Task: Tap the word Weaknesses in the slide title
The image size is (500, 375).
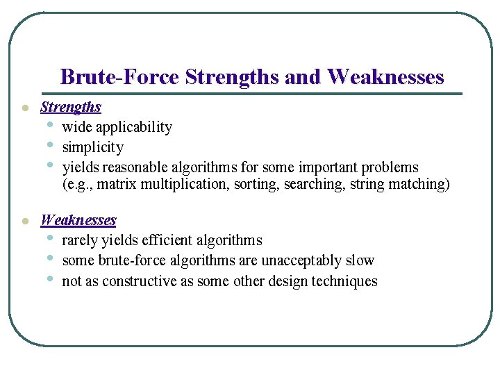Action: pyautogui.click(x=385, y=76)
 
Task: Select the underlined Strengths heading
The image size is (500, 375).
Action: pyautogui.click(x=71, y=107)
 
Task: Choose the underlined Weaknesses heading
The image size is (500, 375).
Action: pyautogui.click(x=78, y=220)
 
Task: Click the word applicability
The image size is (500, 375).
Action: pyautogui.click(x=134, y=127)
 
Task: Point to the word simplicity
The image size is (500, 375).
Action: pyautogui.click(x=93, y=147)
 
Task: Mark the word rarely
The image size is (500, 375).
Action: pyautogui.click(x=80, y=240)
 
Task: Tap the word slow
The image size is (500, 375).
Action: pyautogui.click(x=361, y=260)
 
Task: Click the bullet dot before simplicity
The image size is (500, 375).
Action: pyautogui.click(x=50, y=145)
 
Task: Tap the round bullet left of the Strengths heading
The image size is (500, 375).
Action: pyautogui.click(x=24, y=108)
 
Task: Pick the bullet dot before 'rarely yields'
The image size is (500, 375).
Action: pyautogui.click(x=50, y=238)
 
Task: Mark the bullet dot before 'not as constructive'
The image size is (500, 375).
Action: pyautogui.click(x=50, y=279)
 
